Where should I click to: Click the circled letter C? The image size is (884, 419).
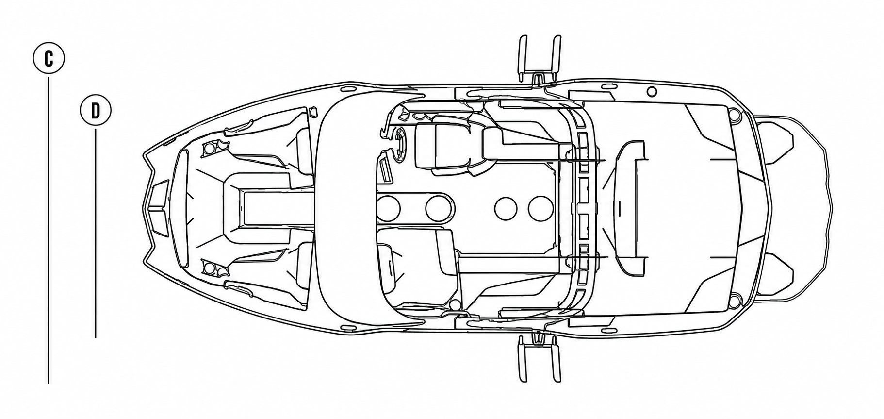point(49,59)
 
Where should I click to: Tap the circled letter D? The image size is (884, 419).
point(96,111)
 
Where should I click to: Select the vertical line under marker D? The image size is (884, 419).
point(96,233)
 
